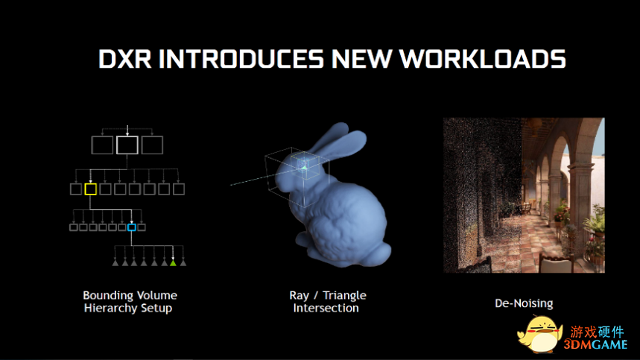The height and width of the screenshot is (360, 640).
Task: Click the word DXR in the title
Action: coord(125,59)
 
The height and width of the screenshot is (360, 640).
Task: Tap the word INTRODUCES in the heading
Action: coord(241,59)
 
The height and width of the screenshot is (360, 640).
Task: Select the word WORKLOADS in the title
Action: coord(483,59)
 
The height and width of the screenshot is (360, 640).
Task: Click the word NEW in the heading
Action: coord(362,59)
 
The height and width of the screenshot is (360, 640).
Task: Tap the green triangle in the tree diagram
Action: coord(173,263)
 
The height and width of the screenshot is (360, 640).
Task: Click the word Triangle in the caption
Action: coord(344,295)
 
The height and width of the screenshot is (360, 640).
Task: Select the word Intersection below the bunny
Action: coord(326,308)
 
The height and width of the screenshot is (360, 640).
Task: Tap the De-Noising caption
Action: coord(524,303)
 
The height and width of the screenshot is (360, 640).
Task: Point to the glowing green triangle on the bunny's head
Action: coord(305,167)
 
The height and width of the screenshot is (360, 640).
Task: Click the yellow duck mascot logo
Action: coord(539,334)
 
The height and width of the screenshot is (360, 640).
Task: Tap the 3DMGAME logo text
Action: coord(595,345)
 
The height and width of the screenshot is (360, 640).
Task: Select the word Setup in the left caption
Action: coord(156,308)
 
